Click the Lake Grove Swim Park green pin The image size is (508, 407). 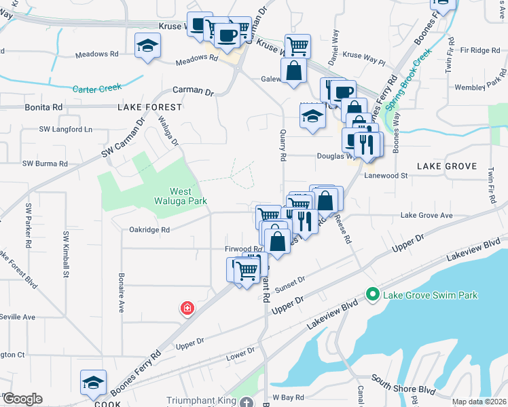click(372, 294)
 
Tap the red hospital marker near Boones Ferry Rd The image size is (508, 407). click(186, 309)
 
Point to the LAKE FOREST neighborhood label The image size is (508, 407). click(149, 107)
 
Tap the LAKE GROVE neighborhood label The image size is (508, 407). click(446, 166)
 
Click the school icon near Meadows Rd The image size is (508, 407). click(147, 46)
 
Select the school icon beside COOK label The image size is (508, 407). click(93, 383)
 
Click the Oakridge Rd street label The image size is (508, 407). click(149, 230)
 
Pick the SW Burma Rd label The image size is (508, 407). click(45, 163)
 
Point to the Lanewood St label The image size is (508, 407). click(385, 175)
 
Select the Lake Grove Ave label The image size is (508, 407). click(427, 215)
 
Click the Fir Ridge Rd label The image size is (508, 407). click(479, 50)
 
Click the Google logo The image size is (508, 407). click(22, 399)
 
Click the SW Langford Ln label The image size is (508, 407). click(65, 128)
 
